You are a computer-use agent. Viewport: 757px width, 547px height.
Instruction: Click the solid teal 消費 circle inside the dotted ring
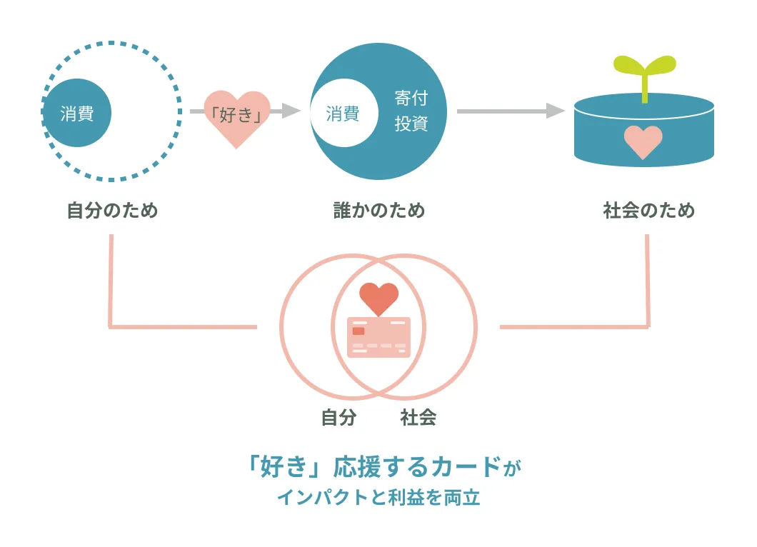(76, 113)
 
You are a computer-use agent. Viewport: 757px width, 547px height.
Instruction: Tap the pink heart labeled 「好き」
(237, 116)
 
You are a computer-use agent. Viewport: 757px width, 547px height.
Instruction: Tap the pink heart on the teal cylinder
(643, 141)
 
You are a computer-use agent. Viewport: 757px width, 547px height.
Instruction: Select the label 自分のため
(112, 211)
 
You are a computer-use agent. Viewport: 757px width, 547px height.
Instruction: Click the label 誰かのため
(379, 211)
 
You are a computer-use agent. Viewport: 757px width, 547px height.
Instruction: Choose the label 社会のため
(648, 211)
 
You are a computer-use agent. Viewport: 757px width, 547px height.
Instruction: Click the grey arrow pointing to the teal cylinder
(510, 111)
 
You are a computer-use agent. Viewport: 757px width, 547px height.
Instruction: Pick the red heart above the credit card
(378, 297)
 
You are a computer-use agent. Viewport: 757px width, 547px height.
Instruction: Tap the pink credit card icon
(378, 337)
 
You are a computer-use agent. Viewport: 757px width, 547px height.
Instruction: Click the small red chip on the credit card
(359, 331)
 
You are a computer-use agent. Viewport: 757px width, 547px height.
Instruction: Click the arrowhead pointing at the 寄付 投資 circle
(291, 111)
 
